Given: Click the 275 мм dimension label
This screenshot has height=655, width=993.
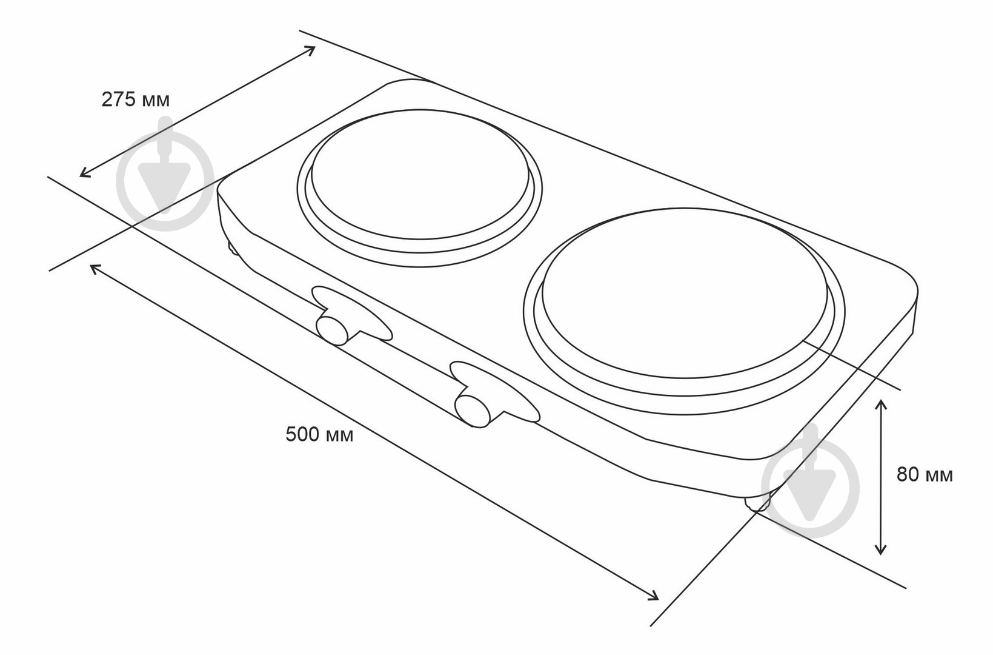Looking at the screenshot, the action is [x=136, y=100].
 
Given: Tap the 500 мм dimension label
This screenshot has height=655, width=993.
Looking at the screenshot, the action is [x=320, y=434].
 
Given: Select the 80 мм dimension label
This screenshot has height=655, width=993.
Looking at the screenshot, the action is [x=925, y=475].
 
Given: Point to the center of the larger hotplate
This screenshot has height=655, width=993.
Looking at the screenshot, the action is [x=685, y=294].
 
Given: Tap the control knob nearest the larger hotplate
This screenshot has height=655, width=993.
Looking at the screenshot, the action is [x=473, y=411].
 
